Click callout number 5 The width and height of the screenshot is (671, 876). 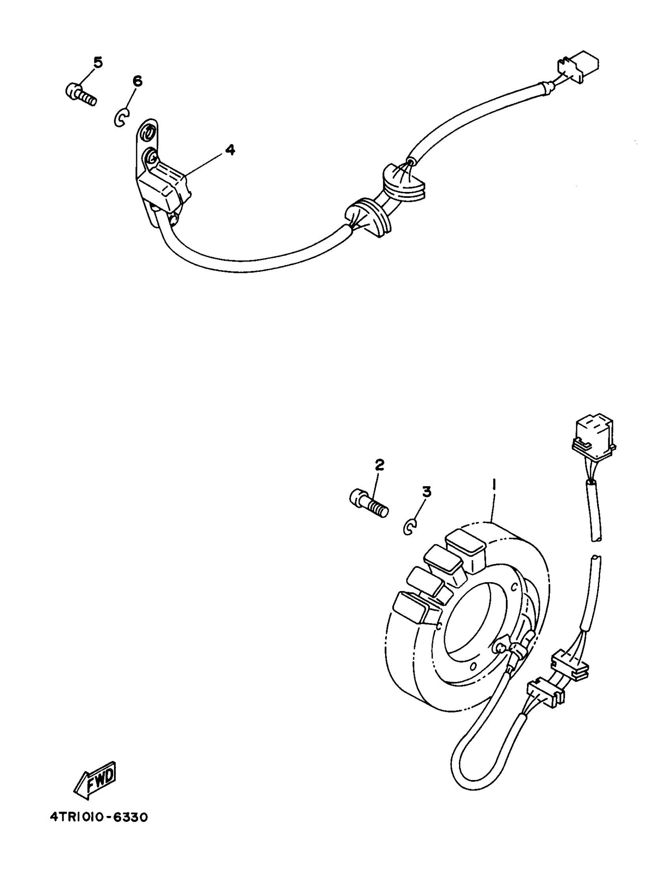pyautogui.click(x=98, y=62)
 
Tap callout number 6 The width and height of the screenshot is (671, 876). pyautogui.click(x=137, y=81)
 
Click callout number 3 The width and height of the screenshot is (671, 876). pyautogui.click(x=427, y=492)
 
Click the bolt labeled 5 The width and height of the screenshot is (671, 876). pyautogui.click(x=80, y=94)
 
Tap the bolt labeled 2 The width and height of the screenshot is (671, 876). pyautogui.click(x=368, y=504)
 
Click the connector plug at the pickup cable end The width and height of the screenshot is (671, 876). pyautogui.click(x=578, y=67)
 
